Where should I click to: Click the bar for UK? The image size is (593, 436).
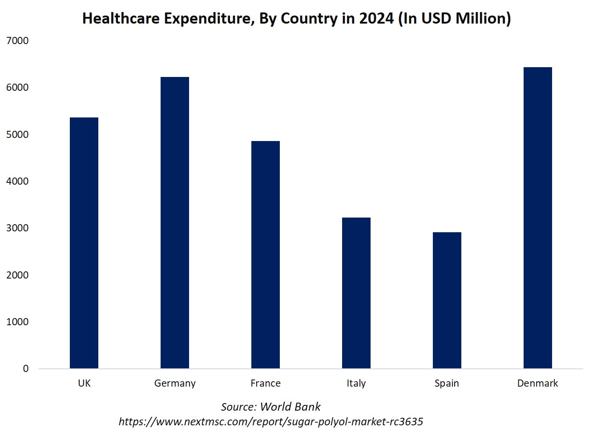(84, 243)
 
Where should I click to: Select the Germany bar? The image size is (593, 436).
(175, 222)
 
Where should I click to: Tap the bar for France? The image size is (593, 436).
(266, 254)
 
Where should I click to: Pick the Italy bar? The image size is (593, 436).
(356, 293)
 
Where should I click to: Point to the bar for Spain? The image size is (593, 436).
(447, 300)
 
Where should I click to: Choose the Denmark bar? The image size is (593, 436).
(538, 218)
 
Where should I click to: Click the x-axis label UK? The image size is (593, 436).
(84, 383)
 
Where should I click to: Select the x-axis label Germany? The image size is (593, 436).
(175, 384)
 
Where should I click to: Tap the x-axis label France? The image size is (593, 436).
(266, 383)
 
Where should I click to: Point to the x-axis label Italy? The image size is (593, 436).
(356, 384)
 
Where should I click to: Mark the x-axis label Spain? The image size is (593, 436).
(447, 384)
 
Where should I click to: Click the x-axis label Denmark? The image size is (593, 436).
(537, 383)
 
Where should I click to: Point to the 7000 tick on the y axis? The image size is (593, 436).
(17, 41)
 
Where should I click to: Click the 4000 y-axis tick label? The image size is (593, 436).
(17, 182)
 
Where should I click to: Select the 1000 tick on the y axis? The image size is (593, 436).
(17, 322)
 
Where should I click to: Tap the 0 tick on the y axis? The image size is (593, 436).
(26, 369)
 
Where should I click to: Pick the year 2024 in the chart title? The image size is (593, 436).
(376, 19)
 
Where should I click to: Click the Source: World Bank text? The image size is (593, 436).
(270, 407)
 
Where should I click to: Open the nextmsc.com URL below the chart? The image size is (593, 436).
(270, 421)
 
